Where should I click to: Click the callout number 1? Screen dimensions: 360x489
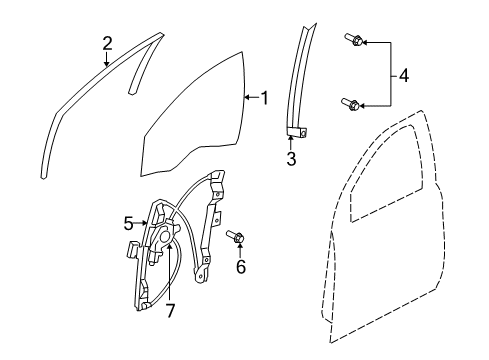tap(265, 97)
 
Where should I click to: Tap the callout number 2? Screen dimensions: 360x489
tap(107, 43)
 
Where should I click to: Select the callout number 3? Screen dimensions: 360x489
tap(291, 160)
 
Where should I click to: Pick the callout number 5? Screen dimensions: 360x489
tap(129, 224)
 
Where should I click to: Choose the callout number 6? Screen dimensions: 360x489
tap(241, 266)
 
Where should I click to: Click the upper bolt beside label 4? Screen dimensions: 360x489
tap(354, 42)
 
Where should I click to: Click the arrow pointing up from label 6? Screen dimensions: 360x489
tap(241, 251)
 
